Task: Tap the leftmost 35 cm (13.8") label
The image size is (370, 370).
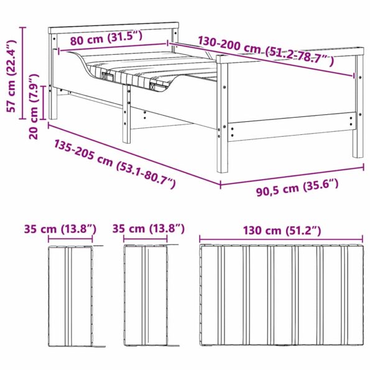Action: coord(60,229)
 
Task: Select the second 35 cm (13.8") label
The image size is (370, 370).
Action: coord(149,229)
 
